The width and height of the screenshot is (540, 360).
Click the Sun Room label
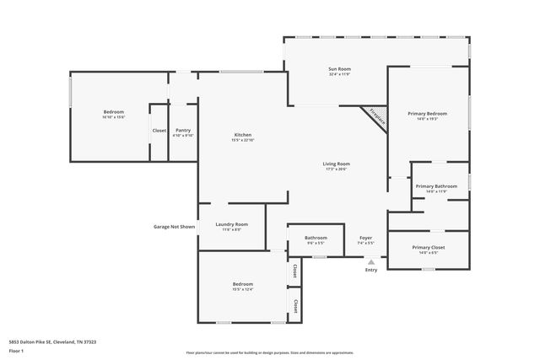338,68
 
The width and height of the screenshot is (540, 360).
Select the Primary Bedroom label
428,113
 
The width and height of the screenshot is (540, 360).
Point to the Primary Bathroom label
435,185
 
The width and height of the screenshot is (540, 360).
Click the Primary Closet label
428,247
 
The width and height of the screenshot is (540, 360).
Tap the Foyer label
365,238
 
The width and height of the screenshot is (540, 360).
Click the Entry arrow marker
371,261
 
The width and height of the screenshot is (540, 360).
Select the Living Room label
336,164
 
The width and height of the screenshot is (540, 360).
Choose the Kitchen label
243,135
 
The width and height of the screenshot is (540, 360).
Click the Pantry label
183,130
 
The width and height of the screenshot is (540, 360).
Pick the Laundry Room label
230,224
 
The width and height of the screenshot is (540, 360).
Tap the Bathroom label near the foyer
316,238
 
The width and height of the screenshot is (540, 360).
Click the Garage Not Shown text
174,226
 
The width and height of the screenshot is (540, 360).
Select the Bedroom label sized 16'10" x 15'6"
114,112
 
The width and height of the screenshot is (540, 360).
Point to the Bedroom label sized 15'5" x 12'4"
243,284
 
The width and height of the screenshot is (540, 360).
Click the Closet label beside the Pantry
159,131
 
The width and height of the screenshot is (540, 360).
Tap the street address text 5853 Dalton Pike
51,341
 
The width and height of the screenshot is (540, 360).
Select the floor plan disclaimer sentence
269,352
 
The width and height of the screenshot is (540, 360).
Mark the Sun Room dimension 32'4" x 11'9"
338,74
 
